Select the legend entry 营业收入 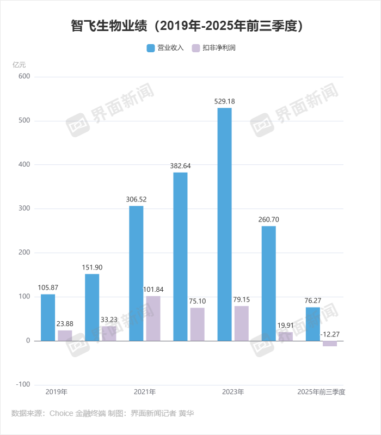(166, 48)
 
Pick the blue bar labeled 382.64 (180, 256)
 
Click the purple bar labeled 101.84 (153, 318)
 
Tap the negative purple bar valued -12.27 (330, 344)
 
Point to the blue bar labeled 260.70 (268, 283)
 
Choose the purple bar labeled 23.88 (65, 335)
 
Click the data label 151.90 (92, 267)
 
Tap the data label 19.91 (286, 326)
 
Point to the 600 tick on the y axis (24, 77)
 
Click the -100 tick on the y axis (22, 384)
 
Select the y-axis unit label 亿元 (19, 64)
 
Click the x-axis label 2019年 (57, 391)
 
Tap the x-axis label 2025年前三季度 (322, 391)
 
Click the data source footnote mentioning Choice (102, 414)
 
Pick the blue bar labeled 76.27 (312, 324)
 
